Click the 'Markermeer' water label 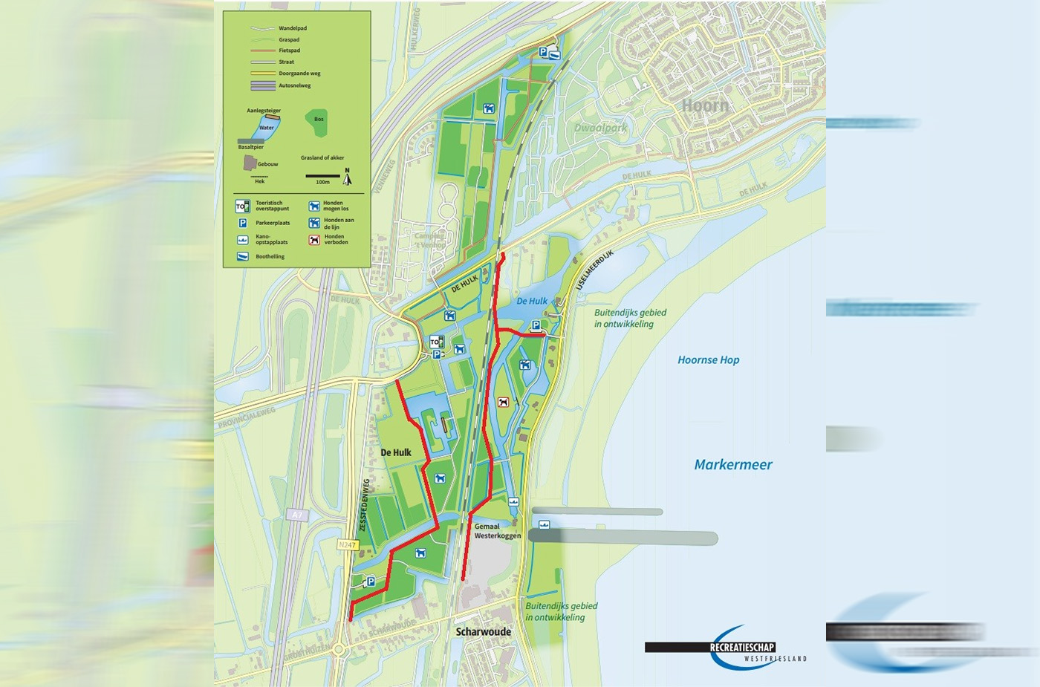[x=732, y=465]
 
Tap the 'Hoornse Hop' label [x=708, y=360]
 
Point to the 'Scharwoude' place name [x=483, y=632]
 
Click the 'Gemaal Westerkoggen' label [x=497, y=531]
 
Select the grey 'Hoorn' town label [x=705, y=105]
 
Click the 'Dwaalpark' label [x=600, y=128]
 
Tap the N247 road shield [x=348, y=545]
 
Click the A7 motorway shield [x=297, y=515]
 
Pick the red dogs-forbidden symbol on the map [x=503, y=402]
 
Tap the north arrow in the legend [x=347, y=176]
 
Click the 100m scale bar [x=322, y=177]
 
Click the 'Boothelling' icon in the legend [x=242, y=256]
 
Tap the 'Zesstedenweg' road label [x=364, y=504]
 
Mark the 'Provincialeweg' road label [x=246, y=417]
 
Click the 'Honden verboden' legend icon [x=314, y=240]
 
